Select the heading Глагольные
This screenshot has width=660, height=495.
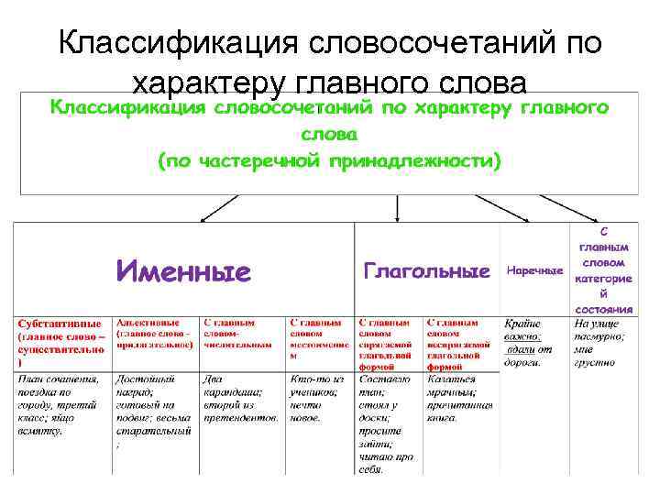(426, 271)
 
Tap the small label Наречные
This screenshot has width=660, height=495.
(534, 271)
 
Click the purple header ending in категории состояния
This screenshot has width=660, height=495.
(604, 266)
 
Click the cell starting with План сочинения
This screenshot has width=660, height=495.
(61, 404)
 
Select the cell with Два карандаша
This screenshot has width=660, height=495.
(240, 397)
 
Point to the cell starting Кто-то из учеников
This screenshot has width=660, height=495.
(320, 397)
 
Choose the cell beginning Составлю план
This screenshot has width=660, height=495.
(389, 423)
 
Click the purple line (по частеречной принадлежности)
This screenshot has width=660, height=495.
(329, 161)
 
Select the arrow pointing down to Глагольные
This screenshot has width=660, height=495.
(396, 210)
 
